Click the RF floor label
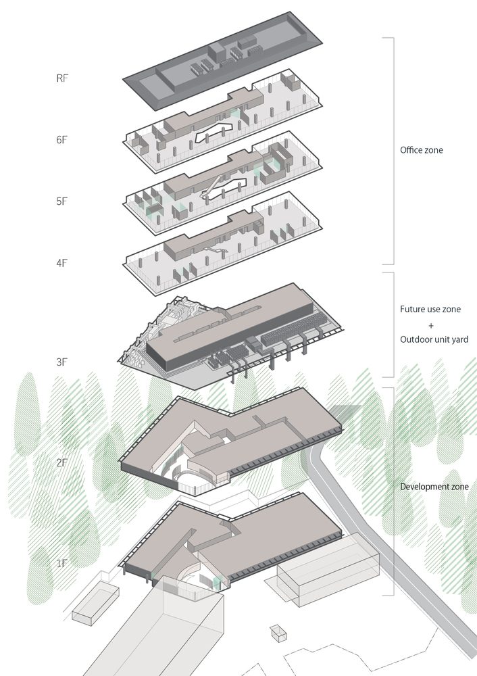tap(62, 78)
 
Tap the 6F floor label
tap(62, 140)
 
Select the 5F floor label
tap(62, 201)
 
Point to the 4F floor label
tap(62, 263)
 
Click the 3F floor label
tap(62, 362)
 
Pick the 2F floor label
tap(62, 463)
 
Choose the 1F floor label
tap(62, 564)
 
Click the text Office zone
tap(422, 150)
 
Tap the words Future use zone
tap(430, 309)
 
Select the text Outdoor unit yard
tap(434, 339)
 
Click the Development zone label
tap(434, 487)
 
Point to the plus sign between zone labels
tap(431, 326)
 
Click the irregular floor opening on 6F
tap(214, 132)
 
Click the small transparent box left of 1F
tap(95, 600)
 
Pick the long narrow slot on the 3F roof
tap(218, 324)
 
